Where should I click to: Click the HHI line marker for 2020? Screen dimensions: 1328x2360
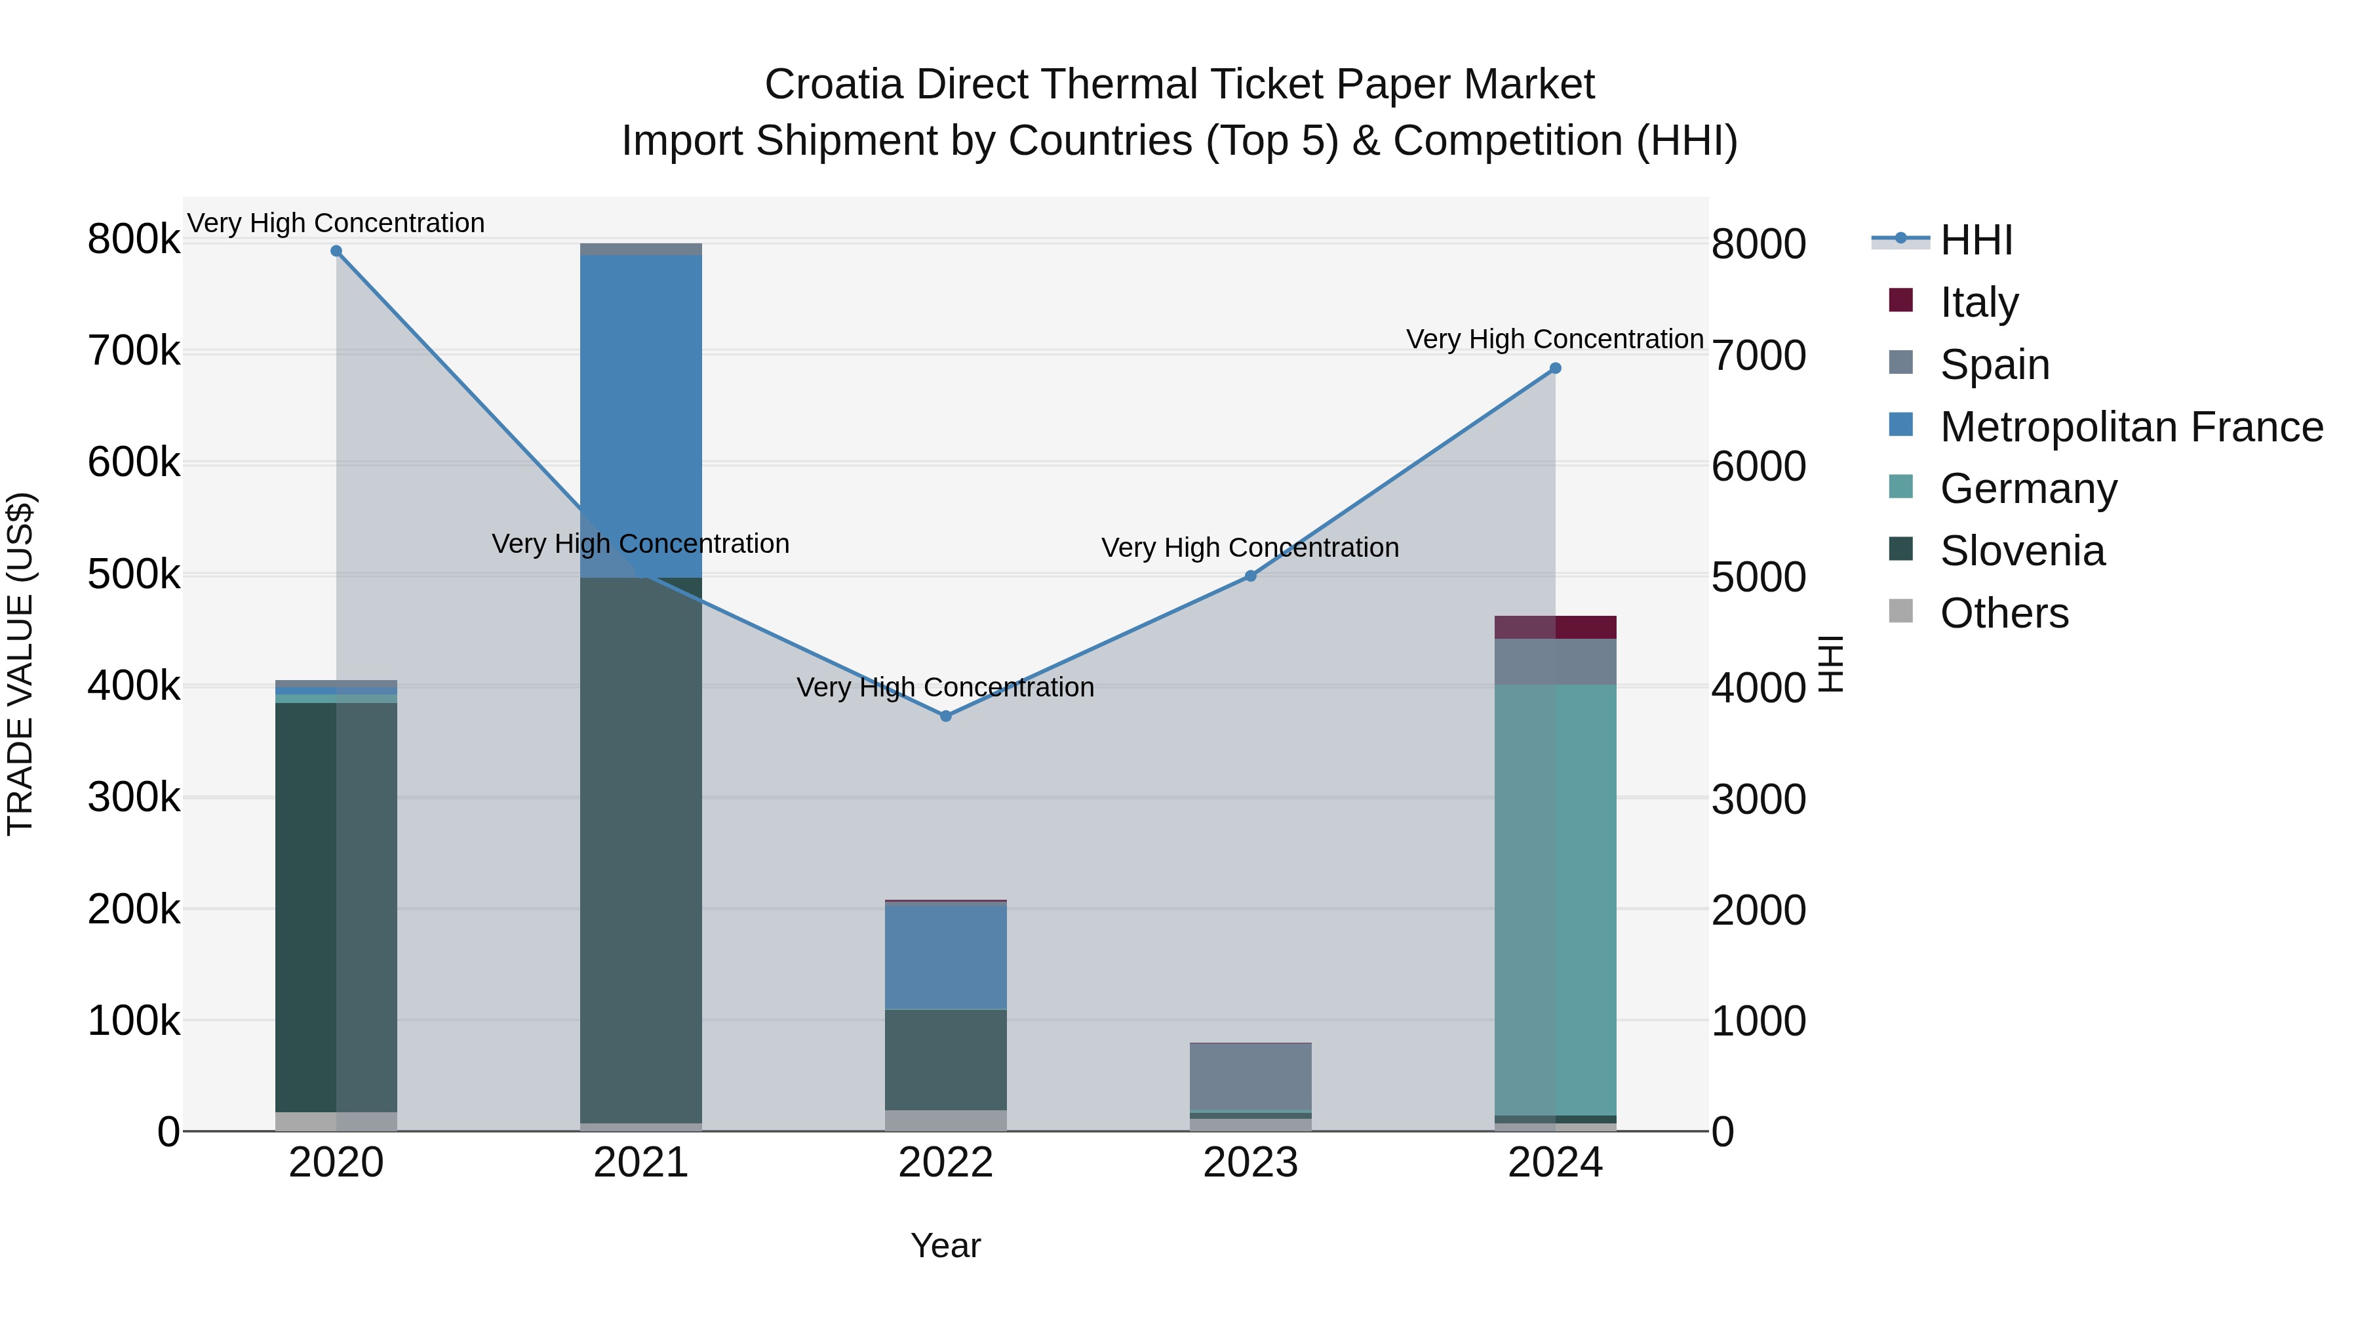tap(336, 251)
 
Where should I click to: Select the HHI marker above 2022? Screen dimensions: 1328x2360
tap(945, 715)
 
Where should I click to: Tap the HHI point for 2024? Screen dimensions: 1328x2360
tap(1555, 369)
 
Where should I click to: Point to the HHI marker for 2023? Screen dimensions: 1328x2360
tap(1251, 576)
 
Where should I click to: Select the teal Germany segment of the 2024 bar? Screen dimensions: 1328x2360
tap(1555, 898)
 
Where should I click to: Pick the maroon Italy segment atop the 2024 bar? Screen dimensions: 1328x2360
tap(1555, 627)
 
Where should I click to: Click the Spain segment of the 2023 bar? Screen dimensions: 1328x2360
tap(1251, 1076)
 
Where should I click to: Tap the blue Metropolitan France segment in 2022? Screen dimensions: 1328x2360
tap(945, 956)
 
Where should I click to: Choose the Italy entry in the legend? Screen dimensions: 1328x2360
tap(1979, 302)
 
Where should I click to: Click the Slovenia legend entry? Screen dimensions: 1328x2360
tap(2022, 551)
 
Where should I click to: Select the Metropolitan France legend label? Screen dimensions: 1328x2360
tap(2131, 427)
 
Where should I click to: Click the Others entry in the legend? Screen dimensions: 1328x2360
tap(2003, 613)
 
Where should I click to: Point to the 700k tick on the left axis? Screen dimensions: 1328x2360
tap(134, 351)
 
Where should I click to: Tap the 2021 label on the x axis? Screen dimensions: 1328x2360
tap(641, 1163)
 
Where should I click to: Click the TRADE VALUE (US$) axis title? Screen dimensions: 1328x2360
tap(21, 664)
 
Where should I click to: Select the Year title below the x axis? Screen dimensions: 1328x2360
tap(945, 1245)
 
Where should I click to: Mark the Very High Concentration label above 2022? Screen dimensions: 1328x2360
tap(945, 687)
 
